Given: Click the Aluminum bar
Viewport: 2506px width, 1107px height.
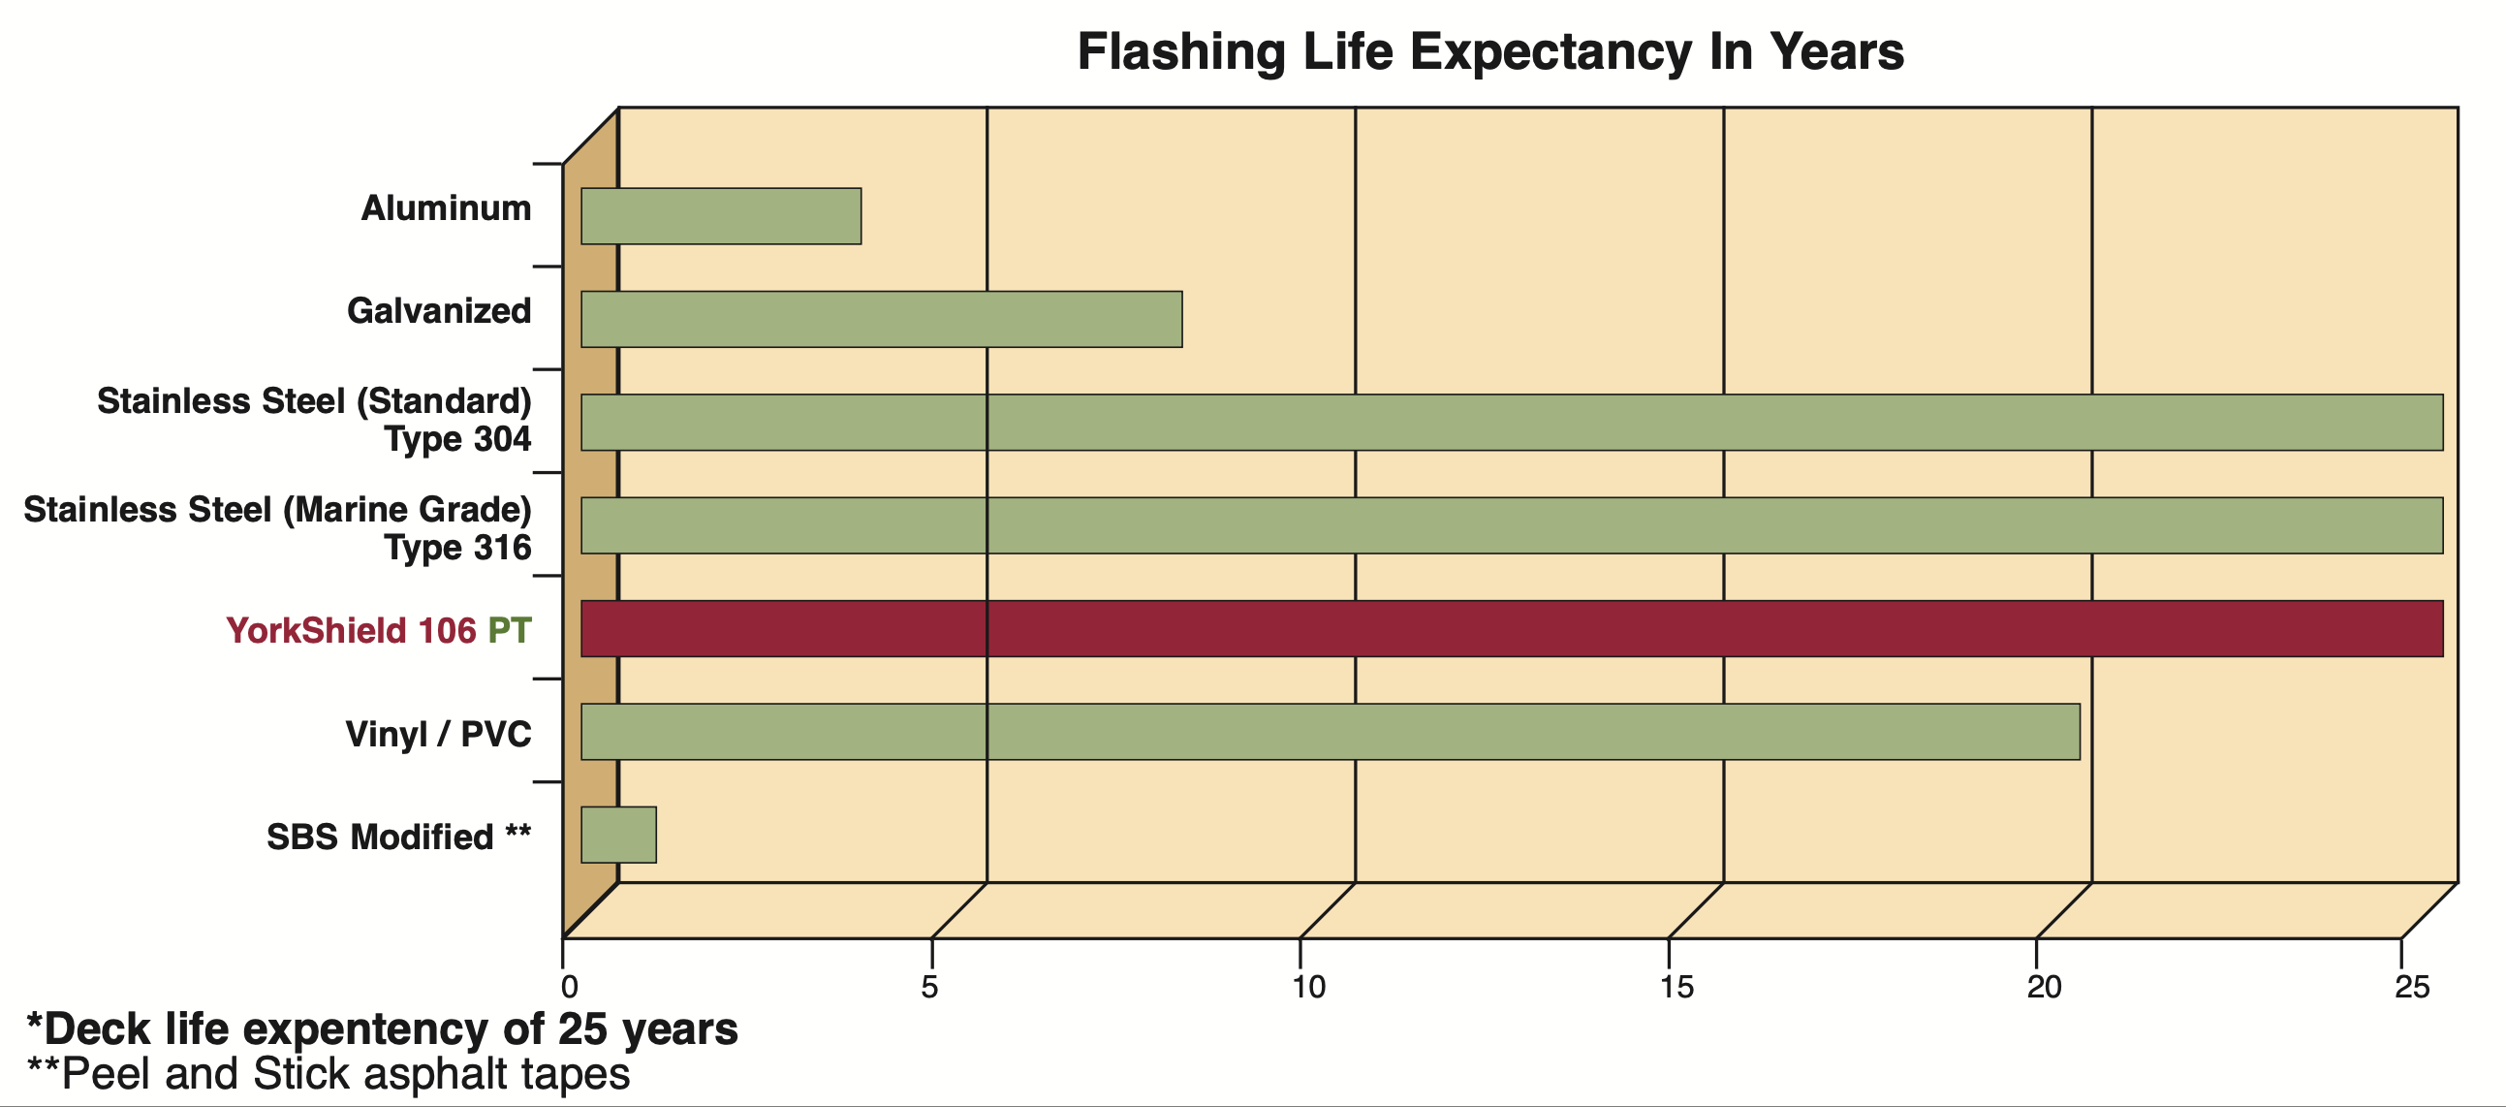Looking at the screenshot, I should pyautogui.click(x=721, y=216).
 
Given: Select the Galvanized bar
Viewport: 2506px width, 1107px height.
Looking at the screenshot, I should pyautogui.click(x=882, y=319).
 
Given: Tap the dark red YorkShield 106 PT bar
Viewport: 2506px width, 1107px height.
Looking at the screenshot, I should pyautogui.click(x=1512, y=628).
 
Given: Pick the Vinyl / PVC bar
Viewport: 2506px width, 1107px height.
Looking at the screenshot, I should pyautogui.click(x=1330, y=732).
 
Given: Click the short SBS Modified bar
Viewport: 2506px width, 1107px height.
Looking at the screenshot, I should pyautogui.click(x=618, y=835).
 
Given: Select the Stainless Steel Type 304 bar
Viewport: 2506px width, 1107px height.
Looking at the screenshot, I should pyautogui.click(x=1512, y=423).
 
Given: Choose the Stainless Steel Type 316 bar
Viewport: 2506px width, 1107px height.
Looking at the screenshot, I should pyautogui.click(x=1512, y=525).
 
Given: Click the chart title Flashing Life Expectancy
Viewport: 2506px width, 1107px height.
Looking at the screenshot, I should pyautogui.click(x=1490, y=51).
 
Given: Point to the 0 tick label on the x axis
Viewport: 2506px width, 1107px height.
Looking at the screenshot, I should pyautogui.click(x=569, y=988).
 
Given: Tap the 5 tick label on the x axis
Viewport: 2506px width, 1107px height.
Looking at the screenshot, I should pyautogui.click(x=930, y=988).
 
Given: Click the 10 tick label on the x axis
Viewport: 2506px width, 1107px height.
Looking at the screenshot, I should pyautogui.click(x=1308, y=988).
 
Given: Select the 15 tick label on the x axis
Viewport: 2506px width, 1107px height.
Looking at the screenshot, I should pyautogui.click(x=1676, y=988).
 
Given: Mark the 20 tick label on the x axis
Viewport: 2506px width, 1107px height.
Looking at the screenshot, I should pyautogui.click(x=2044, y=988).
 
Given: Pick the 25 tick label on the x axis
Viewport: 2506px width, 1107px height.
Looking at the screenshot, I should pyautogui.click(x=2412, y=988).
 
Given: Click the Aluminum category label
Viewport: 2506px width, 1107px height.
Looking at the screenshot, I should pyautogui.click(x=447, y=208).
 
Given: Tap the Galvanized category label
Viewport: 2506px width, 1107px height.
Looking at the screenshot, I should pyautogui.click(x=440, y=311).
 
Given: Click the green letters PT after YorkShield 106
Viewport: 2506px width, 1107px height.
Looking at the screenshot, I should pyautogui.click(x=510, y=630).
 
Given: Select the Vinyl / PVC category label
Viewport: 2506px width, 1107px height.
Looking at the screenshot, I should pyautogui.click(x=439, y=734).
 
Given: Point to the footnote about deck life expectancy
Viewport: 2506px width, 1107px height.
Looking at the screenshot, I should pyautogui.click(x=383, y=1029).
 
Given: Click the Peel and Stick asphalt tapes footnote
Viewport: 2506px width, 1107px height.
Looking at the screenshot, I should pyautogui.click(x=329, y=1074).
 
